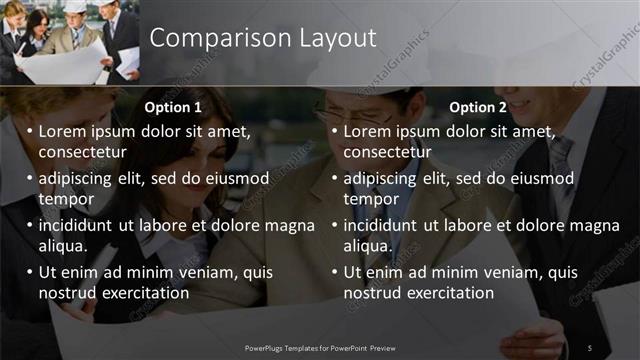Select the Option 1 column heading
point(173,107)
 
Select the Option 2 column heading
point(478,107)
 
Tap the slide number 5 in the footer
point(590,347)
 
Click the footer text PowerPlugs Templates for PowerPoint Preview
point(320,347)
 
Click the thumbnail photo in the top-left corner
point(70,42)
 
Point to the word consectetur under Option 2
point(388,152)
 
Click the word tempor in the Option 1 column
point(65,199)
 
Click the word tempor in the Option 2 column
point(371,199)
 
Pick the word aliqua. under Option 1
point(63,246)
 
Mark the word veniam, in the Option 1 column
point(199,272)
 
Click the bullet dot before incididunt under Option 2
point(334,226)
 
